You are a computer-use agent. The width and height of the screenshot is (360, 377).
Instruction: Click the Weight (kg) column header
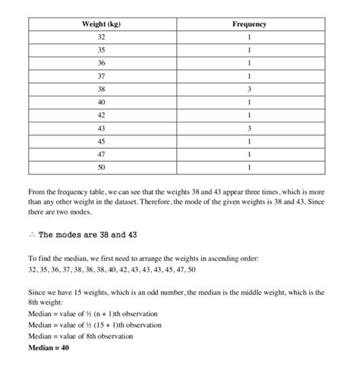(101, 24)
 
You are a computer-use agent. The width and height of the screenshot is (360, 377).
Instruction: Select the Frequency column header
(249, 24)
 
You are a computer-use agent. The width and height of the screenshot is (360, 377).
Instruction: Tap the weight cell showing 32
(101, 37)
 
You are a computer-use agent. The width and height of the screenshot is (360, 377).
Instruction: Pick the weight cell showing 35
(101, 50)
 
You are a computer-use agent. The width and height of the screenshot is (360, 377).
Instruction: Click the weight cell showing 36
(101, 63)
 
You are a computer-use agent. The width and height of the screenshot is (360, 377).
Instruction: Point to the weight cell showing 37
(101, 76)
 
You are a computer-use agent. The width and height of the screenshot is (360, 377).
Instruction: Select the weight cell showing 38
(101, 89)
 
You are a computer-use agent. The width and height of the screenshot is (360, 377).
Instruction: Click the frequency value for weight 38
(249, 89)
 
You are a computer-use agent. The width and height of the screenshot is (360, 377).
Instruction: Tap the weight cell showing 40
(101, 102)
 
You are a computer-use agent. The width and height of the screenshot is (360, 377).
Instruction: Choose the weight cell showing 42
(101, 115)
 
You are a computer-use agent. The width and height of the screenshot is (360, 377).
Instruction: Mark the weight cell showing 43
(101, 128)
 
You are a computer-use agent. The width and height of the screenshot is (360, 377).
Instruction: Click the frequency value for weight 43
(249, 128)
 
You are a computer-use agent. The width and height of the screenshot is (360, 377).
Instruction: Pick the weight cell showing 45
(101, 141)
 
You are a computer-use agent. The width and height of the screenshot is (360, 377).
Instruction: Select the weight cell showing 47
(101, 154)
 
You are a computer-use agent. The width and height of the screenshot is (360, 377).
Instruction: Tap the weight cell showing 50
(101, 167)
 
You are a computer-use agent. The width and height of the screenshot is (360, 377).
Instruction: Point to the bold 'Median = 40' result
(49, 348)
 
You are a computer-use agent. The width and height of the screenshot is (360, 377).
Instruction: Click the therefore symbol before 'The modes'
(30, 235)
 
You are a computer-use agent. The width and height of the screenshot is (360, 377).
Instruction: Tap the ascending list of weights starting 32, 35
(112, 270)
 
